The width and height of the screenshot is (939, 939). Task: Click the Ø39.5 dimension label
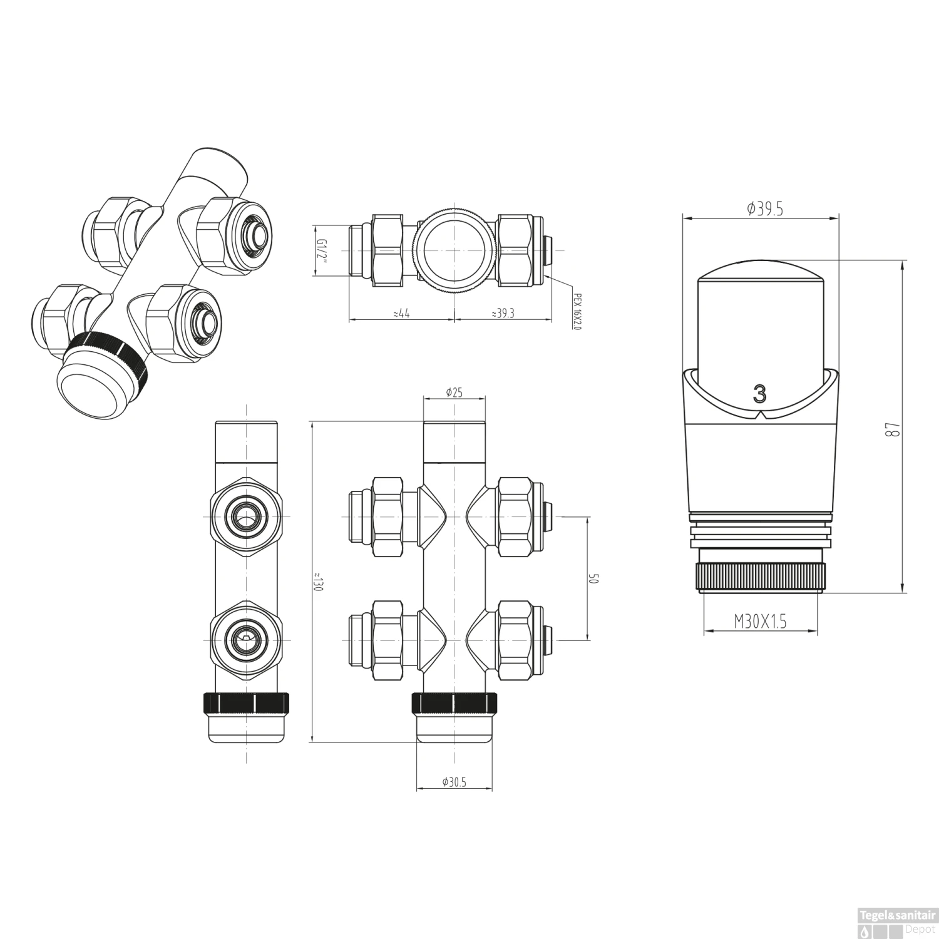765,209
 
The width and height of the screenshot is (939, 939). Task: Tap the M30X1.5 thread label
760,621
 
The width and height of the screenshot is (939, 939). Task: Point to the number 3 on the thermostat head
759,394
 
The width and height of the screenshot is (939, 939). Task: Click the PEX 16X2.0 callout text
577,312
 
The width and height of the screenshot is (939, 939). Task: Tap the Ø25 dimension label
454,393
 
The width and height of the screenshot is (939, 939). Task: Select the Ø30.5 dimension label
454,782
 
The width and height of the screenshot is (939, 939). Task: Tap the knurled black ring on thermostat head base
760,577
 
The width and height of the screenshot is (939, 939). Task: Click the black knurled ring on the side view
245,703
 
